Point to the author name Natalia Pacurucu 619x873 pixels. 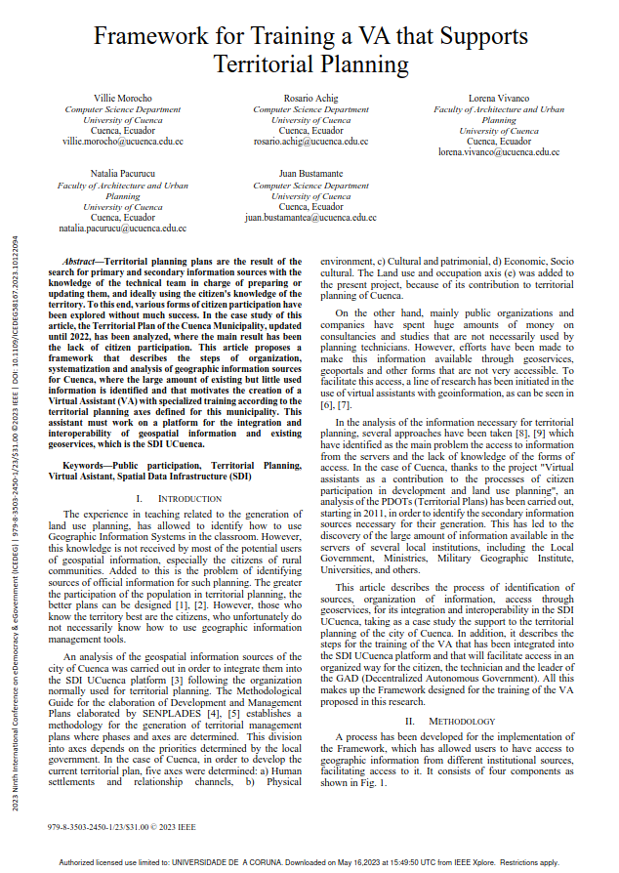tap(123, 174)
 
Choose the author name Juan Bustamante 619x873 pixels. tap(310, 174)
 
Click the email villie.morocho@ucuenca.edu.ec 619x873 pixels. tap(123, 142)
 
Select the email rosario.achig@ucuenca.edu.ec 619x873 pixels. tap(310, 142)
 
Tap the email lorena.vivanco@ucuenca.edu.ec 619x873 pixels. tap(498, 152)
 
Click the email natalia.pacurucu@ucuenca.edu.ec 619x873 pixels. tap(123, 228)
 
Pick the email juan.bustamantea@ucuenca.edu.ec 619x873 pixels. tap(310, 217)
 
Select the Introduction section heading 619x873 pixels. tap(176, 498)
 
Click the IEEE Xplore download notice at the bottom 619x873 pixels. tap(309, 862)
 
